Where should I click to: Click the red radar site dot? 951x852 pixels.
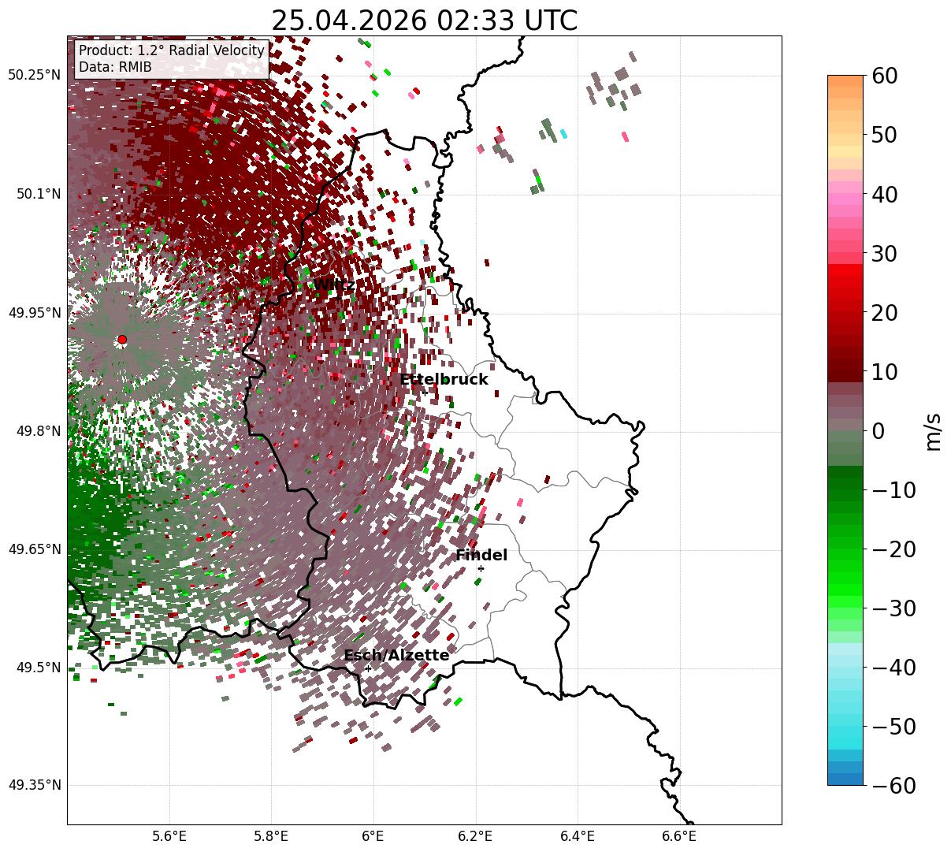(122, 340)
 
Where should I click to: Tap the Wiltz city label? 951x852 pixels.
(334, 285)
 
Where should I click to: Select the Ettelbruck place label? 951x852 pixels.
(444, 379)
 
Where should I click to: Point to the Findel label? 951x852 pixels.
(481, 555)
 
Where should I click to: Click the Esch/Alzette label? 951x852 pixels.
(396, 655)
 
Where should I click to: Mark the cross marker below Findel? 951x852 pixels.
(481, 569)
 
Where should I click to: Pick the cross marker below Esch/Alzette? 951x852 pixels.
(368, 668)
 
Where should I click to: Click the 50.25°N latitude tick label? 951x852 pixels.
(34, 75)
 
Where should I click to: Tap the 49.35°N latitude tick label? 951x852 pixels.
(35, 785)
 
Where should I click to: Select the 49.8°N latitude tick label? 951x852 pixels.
(39, 431)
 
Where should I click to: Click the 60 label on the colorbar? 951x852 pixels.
(884, 76)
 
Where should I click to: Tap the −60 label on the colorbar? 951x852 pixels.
(893, 785)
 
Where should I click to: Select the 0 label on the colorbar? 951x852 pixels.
(879, 431)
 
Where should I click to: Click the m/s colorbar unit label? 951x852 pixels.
(934, 432)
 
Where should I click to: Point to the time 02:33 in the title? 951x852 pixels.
(475, 20)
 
